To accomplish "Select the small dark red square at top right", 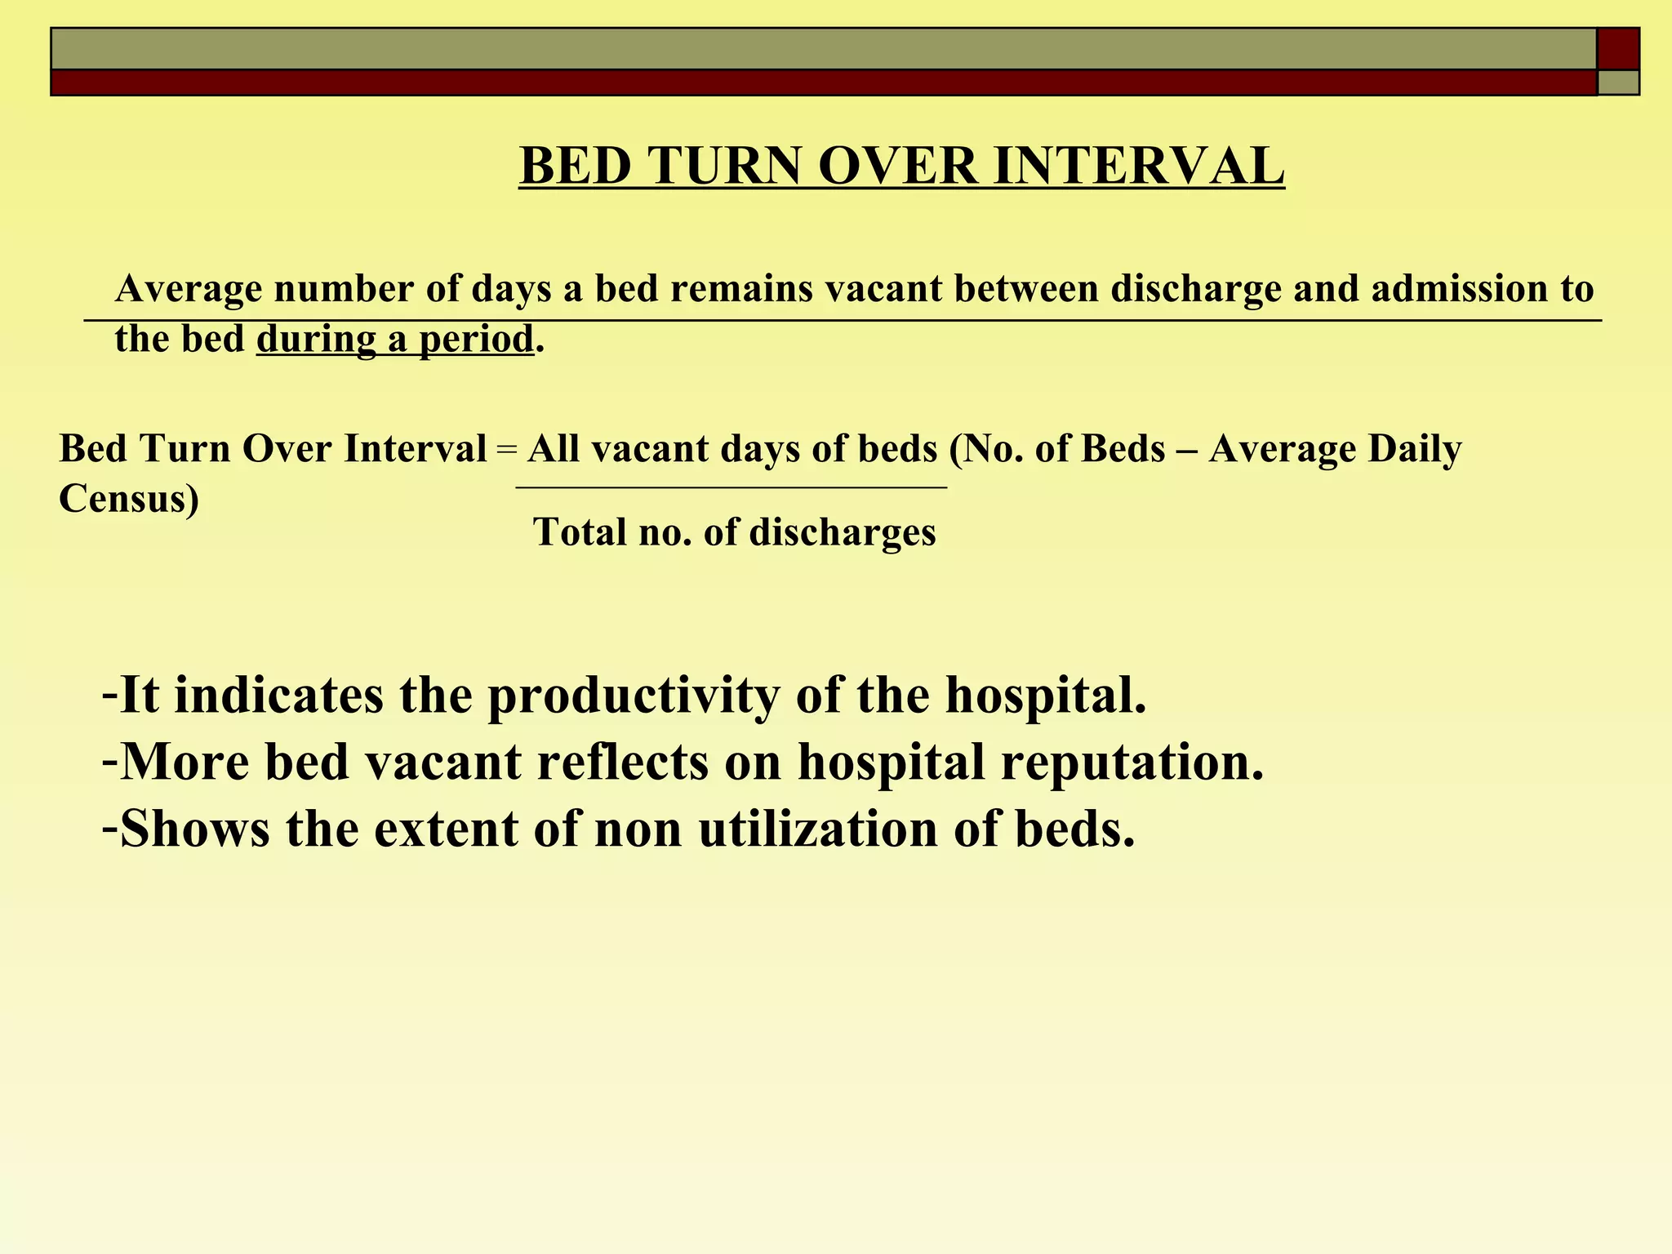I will point(1617,49).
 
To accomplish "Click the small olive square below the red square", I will point(1617,82).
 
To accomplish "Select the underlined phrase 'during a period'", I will point(395,339).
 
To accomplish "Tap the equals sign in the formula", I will point(506,450).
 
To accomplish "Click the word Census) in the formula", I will point(129,498).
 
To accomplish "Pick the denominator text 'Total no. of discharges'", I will point(734,532).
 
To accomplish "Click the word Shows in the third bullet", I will point(194,829).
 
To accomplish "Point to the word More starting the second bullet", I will point(184,763).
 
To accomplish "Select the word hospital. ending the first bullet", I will point(1046,696).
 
